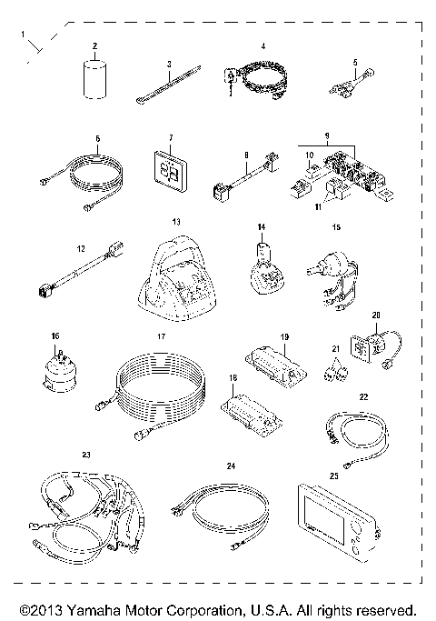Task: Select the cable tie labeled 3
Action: tap(166, 88)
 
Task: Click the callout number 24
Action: tap(231, 466)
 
